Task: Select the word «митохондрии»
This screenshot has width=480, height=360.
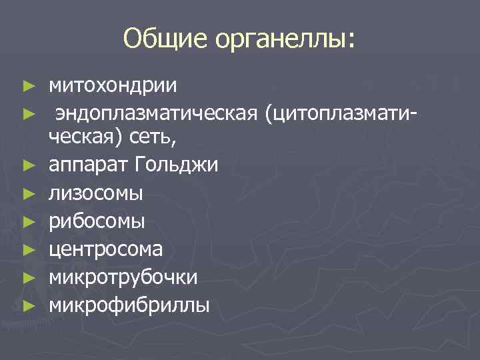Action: tap(112, 87)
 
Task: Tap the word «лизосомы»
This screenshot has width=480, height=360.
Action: tap(95, 194)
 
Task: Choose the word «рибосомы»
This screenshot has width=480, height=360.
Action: tap(97, 221)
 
